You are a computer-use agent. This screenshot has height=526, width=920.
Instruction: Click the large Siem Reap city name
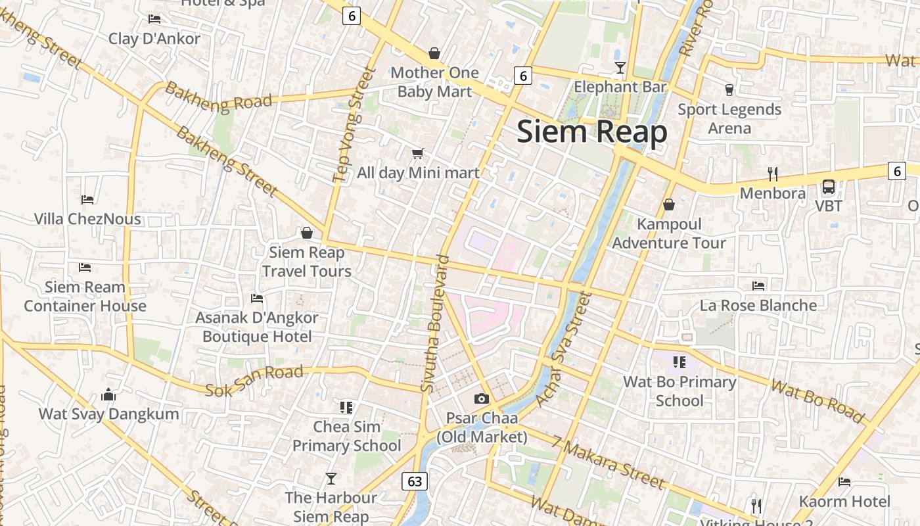click(x=591, y=131)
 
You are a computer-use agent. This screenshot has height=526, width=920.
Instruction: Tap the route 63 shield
click(x=415, y=481)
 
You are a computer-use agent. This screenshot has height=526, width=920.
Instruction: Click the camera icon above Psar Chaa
click(x=482, y=398)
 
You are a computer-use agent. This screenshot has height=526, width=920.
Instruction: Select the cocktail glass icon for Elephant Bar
click(x=620, y=67)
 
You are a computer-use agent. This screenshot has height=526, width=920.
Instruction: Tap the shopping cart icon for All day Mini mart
click(x=417, y=154)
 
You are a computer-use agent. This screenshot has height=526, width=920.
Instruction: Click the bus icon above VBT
click(x=829, y=187)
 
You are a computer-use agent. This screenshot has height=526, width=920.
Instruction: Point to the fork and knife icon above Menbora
click(x=773, y=174)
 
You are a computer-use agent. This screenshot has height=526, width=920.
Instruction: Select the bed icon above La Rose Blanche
click(x=758, y=286)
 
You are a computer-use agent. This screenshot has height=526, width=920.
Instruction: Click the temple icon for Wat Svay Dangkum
click(x=108, y=394)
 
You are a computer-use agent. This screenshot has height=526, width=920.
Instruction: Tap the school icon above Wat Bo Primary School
click(x=679, y=362)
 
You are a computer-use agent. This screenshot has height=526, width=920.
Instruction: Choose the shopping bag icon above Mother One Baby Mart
click(x=434, y=53)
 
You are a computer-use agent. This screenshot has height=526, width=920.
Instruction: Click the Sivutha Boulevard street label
click(x=436, y=324)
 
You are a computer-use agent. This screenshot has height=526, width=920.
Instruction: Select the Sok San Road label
click(x=254, y=381)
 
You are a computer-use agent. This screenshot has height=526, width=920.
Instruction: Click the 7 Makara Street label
click(x=609, y=464)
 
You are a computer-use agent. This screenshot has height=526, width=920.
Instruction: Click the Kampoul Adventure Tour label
click(x=669, y=233)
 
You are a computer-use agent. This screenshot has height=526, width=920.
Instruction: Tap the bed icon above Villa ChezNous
click(x=87, y=199)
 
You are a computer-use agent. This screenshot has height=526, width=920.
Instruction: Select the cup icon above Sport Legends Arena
click(x=729, y=89)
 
